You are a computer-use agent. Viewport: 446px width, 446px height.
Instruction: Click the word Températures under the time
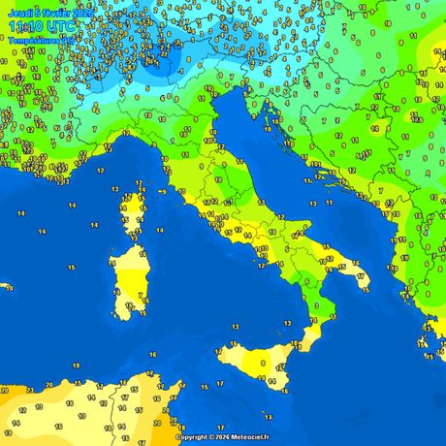[29, 41]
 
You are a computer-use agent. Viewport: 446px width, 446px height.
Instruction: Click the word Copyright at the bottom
[193, 437]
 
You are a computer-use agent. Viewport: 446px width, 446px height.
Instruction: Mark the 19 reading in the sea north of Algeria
[76, 366]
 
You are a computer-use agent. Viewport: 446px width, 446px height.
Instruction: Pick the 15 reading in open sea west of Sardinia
[71, 267]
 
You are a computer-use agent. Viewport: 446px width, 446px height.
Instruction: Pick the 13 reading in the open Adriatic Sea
[312, 205]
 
